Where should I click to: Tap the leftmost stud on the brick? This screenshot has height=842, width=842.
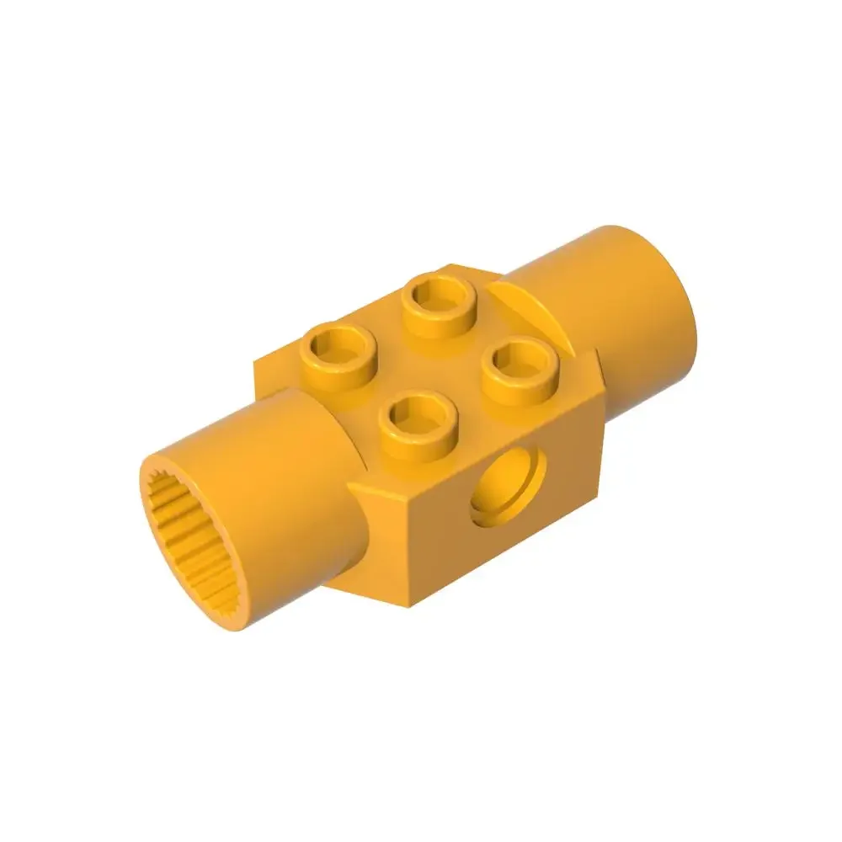pyautogui.click(x=338, y=354)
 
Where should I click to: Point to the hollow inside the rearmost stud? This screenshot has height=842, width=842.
pyautogui.click(x=437, y=296)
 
